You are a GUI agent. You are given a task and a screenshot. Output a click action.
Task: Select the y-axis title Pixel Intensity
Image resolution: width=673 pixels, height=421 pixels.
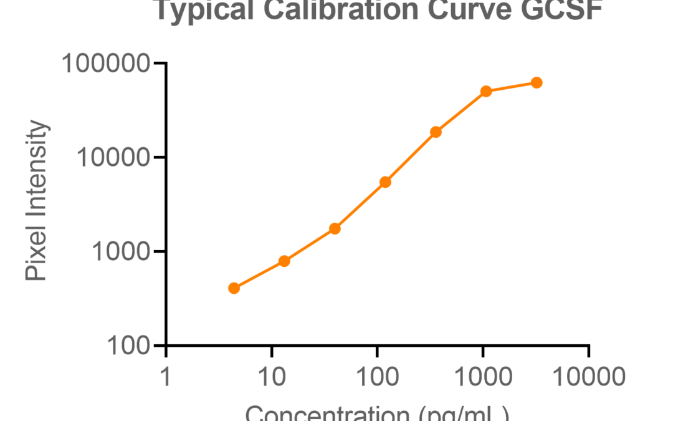click(x=37, y=201)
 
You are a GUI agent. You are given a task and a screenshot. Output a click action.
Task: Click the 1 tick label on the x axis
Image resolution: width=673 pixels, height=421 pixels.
click(x=166, y=377)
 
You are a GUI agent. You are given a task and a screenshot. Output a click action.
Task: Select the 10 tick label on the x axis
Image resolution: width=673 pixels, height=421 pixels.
click(x=272, y=377)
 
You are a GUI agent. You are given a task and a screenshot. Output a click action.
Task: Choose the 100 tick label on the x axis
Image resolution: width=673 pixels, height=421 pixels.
click(x=377, y=377)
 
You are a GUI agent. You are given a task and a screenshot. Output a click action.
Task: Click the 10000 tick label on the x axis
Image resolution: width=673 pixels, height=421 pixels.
click(x=588, y=377)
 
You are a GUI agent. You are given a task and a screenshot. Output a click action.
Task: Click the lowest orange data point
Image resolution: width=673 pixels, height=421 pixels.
click(x=234, y=288)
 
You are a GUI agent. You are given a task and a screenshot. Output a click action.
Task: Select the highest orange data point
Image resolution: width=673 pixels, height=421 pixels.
click(x=537, y=82)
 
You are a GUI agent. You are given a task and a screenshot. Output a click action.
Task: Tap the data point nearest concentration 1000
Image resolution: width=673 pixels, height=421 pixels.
click(x=486, y=91)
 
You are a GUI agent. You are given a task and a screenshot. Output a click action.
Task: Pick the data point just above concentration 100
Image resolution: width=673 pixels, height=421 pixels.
click(x=385, y=182)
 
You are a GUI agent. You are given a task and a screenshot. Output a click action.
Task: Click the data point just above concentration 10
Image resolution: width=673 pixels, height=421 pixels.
click(x=284, y=261)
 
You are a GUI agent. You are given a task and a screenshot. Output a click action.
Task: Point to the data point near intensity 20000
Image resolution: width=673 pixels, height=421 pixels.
click(x=436, y=132)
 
